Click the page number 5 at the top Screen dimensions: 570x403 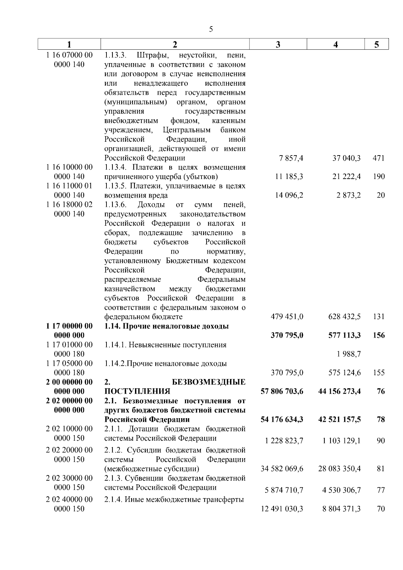211,29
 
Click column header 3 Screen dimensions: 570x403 278,44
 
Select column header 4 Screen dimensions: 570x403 335,44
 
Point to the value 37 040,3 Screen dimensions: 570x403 346,158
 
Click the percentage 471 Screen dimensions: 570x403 378,158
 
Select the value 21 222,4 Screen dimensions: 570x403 346,177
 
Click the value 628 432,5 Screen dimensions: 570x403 345,317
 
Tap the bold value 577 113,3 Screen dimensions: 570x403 345,335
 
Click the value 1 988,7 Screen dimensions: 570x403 348,354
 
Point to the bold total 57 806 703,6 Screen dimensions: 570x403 282,391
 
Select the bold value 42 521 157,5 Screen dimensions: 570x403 340,420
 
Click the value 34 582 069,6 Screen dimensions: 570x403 282,469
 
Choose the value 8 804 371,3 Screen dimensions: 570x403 341,509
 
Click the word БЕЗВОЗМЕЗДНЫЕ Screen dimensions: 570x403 208,382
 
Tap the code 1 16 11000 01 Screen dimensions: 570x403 69,186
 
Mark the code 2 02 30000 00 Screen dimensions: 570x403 69,478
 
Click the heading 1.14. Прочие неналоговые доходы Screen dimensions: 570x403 167,326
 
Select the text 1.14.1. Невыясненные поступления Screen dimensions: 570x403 165,345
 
